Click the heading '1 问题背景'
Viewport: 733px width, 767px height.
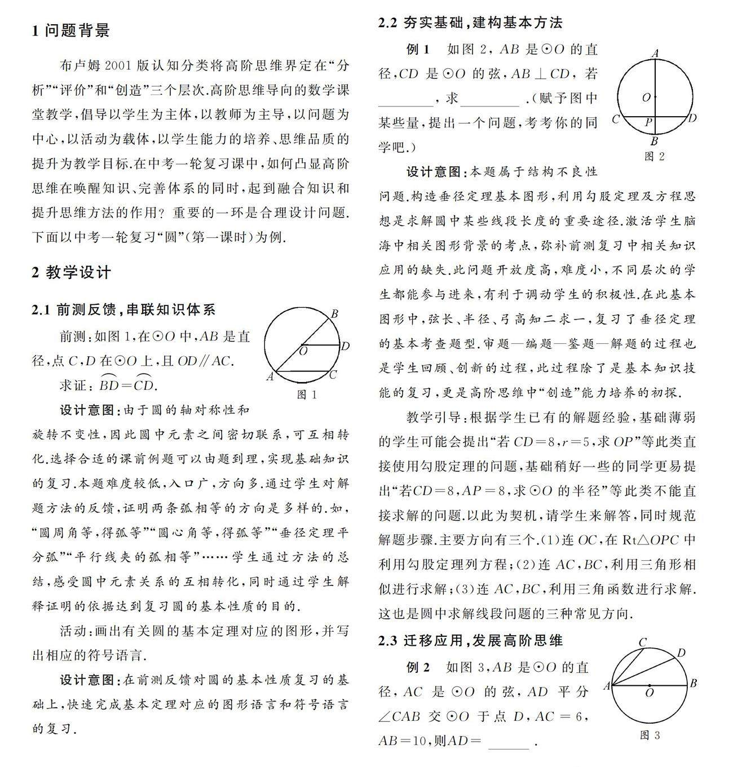tap(70, 30)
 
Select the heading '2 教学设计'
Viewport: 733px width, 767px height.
tap(71, 273)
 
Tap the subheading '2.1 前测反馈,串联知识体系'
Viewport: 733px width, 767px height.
tap(123, 309)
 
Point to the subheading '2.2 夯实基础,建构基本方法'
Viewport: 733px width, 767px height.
tap(470, 23)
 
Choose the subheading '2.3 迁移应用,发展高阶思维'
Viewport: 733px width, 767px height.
tap(470, 640)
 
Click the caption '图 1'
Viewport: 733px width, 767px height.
tap(307, 394)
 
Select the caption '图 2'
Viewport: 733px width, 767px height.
tap(654, 157)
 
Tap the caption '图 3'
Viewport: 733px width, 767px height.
tap(650, 735)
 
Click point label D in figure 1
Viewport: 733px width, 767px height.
tap(345, 345)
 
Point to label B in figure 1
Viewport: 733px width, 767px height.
tap(334, 314)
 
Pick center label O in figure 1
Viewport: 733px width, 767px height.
tap(303, 352)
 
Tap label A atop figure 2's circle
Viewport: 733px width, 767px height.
tap(655, 53)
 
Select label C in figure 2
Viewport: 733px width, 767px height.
tap(616, 119)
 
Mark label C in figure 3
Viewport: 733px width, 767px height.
tap(642, 642)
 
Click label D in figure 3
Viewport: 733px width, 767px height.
tap(681, 653)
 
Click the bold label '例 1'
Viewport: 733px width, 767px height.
tap(418, 50)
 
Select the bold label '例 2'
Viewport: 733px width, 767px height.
tap(418, 667)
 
